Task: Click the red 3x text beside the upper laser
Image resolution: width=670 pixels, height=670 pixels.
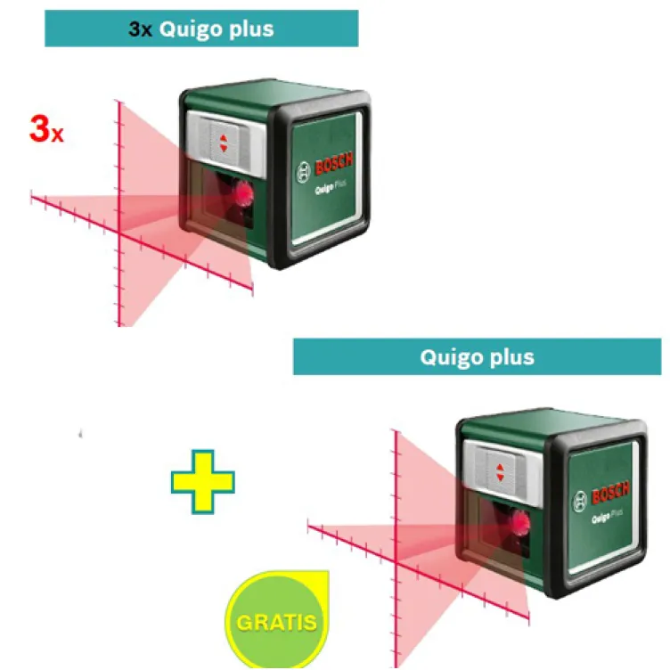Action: (45, 129)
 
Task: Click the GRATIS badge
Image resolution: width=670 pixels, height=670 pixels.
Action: (275, 619)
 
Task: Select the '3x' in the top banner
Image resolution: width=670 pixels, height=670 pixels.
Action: (141, 29)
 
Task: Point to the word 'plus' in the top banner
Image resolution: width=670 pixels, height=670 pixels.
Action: (249, 29)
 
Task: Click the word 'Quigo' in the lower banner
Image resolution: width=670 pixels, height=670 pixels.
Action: (452, 358)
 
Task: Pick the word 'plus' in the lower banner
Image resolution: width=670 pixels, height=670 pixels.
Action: (511, 358)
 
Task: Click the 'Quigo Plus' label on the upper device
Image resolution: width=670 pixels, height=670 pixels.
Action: (331, 189)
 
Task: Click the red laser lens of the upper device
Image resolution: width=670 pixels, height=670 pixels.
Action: (242, 192)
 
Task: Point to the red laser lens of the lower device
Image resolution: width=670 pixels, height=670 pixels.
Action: (519, 525)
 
